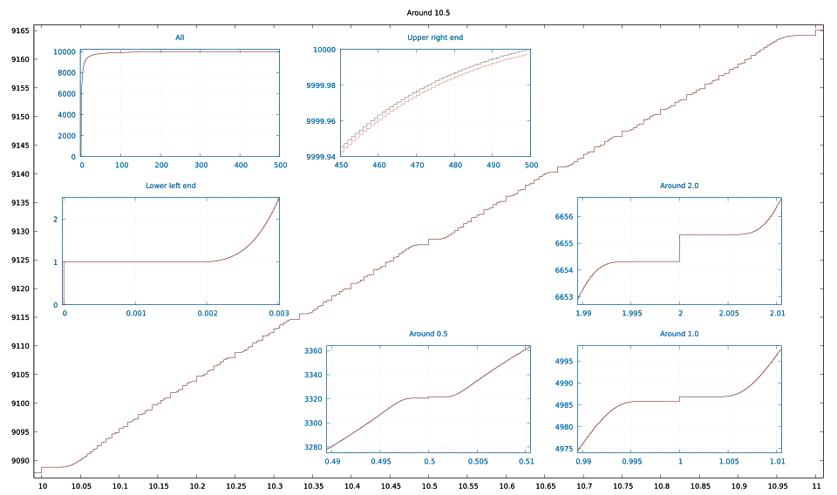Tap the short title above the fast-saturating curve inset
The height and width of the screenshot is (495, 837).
click(x=180, y=37)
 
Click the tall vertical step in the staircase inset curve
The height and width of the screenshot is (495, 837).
click(x=678, y=247)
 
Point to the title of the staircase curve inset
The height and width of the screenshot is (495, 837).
click(x=680, y=185)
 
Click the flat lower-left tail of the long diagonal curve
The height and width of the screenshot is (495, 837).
click(x=52, y=469)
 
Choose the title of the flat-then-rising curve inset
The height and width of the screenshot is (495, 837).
click(x=172, y=185)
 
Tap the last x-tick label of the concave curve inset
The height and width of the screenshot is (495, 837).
click(x=530, y=165)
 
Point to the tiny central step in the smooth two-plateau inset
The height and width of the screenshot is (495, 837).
click(x=679, y=397)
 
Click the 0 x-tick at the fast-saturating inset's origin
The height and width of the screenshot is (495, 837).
click(x=82, y=165)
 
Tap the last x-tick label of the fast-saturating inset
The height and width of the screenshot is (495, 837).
click(x=280, y=165)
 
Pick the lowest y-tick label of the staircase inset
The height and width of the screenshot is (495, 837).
click(x=563, y=296)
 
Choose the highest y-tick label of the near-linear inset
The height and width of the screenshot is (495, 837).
click(x=314, y=349)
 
